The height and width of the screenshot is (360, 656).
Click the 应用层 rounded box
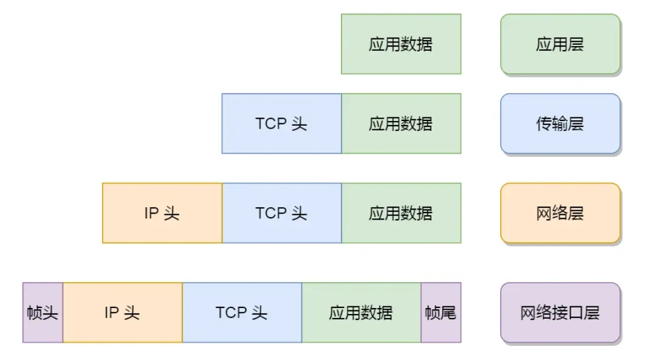560,44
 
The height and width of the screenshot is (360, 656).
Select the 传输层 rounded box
560,124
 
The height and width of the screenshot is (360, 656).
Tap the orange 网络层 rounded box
560,213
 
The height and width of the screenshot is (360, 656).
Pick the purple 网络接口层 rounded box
560,313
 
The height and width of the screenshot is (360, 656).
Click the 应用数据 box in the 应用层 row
401,44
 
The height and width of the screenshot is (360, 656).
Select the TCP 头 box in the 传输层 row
281,124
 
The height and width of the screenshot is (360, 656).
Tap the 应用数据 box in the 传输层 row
401,124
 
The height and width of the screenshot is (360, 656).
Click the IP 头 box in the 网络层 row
162,213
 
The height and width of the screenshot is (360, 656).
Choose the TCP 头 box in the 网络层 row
281,213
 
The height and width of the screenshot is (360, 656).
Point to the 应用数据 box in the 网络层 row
401,213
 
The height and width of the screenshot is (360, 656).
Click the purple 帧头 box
42,313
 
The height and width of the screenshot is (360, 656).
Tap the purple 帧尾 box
441,313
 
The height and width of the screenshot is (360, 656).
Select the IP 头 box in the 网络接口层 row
123,313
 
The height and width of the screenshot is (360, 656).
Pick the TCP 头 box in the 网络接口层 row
242,313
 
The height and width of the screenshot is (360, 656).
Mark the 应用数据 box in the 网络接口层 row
361,313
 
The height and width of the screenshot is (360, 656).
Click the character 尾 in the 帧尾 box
448,313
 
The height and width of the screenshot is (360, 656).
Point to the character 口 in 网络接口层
576,313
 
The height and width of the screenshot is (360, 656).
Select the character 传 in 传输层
544,124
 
